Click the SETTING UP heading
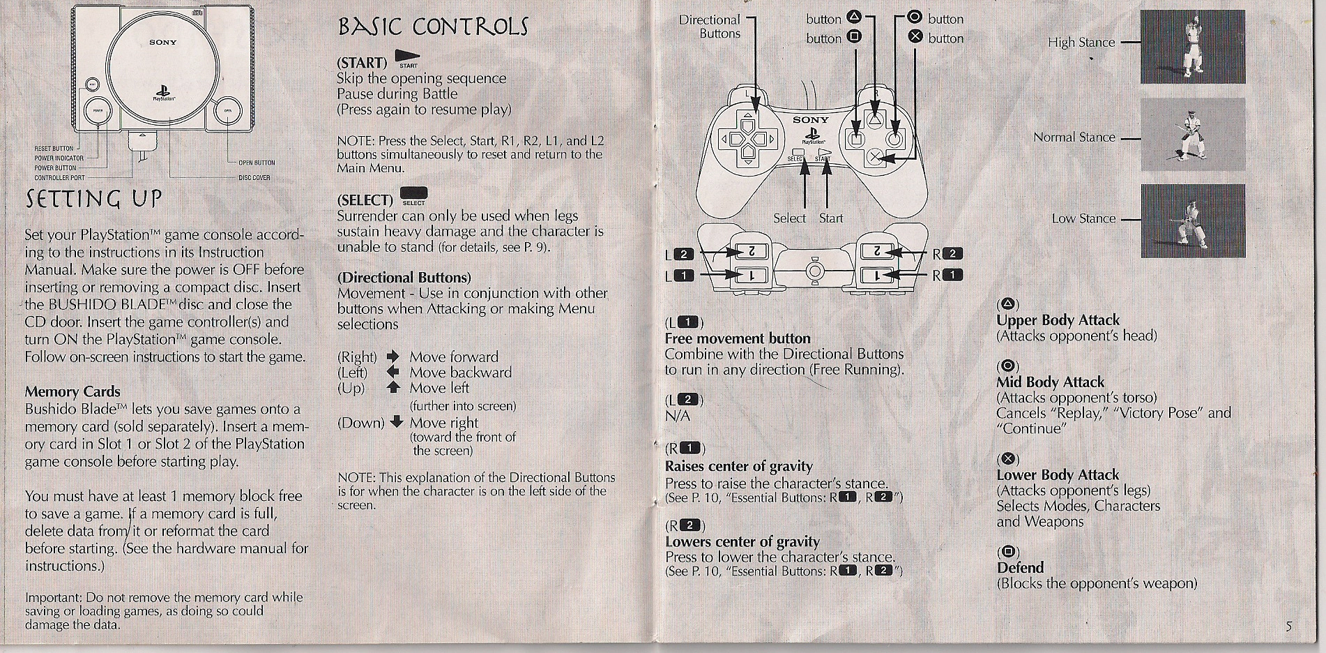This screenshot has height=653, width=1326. (94, 199)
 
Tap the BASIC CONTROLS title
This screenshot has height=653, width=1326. (432, 27)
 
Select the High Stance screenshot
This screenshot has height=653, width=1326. (1192, 47)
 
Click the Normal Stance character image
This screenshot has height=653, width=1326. (1192, 135)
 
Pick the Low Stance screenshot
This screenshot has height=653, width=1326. (1192, 220)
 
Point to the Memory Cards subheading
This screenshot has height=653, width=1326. (73, 391)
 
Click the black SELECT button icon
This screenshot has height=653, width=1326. (414, 193)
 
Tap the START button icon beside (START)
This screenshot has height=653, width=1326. (406, 56)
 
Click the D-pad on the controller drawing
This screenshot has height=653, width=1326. (747, 139)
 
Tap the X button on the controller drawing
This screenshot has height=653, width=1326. (875, 158)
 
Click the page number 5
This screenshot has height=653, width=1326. (1288, 626)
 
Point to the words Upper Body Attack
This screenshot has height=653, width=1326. (1058, 320)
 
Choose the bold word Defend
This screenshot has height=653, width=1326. (1020, 568)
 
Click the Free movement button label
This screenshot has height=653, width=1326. (737, 338)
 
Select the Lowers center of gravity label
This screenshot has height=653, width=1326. (742, 541)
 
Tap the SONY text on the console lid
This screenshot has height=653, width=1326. (162, 43)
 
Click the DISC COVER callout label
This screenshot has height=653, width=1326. (254, 178)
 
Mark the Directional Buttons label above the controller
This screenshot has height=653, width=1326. (710, 27)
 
